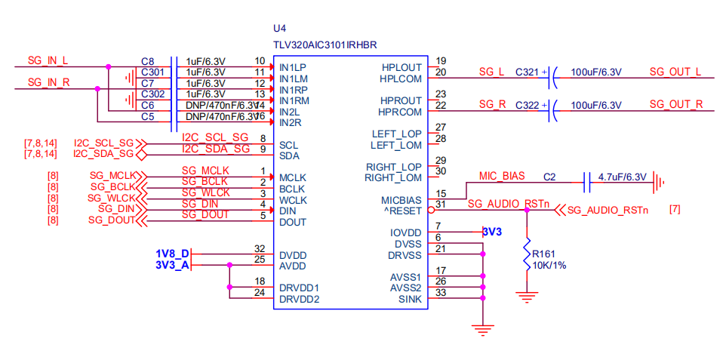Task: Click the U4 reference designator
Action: pyautogui.click(x=281, y=28)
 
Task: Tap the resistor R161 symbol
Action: pyautogui.click(x=526, y=257)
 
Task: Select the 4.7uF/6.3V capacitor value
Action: pyautogui.click(x=622, y=177)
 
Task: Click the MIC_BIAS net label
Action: pyautogui.click(x=501, y=177)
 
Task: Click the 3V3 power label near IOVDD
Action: pyautogui.click(x=492, y=232)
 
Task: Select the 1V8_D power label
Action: pyautogui.click(x=171, y=254)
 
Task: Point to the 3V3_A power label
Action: pyautogui.click(x=171, y=265)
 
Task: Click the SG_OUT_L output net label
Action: pyautogui.click(x=675, y=72)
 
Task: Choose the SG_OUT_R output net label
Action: pyautogui.click(x=675, y=104)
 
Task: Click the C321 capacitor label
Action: pyautogui.click(x=527, y=72)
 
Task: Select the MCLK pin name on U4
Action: pyautogui.click(x=293, y=177)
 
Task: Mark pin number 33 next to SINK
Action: pyautogui.click(x=441, y=293)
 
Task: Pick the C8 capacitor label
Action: pyautogui.click(x=147, y=61)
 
